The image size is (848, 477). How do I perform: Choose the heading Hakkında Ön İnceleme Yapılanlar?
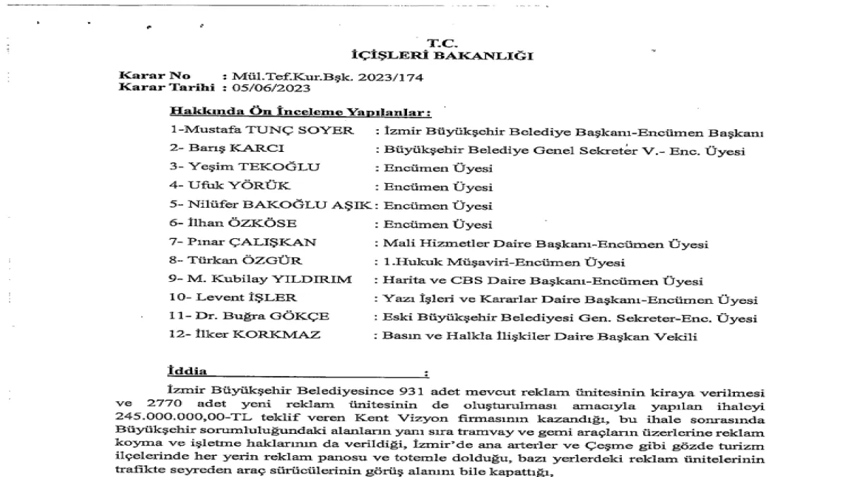tap(300, 113)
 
